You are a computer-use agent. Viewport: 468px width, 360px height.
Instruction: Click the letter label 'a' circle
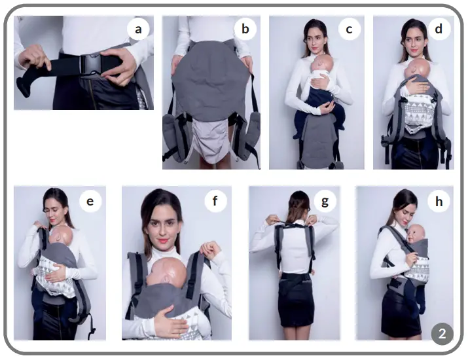pos(138,29)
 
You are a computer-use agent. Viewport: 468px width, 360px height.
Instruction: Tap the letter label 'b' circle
pos(245,29)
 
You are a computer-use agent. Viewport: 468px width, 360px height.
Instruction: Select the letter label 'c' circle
pos(349,29)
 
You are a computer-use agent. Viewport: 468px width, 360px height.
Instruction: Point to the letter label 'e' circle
pos(90,202)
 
